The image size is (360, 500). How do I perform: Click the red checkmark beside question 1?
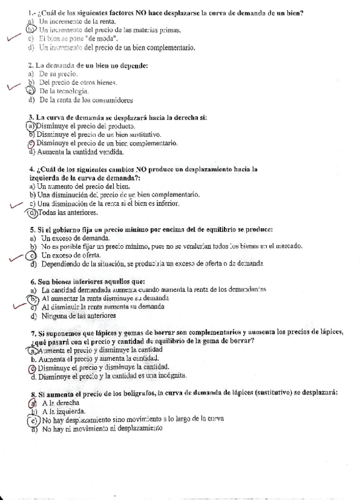(13, 39)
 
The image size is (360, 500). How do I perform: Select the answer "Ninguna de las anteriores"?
(78, 315)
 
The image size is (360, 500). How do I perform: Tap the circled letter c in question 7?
(31, 367)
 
